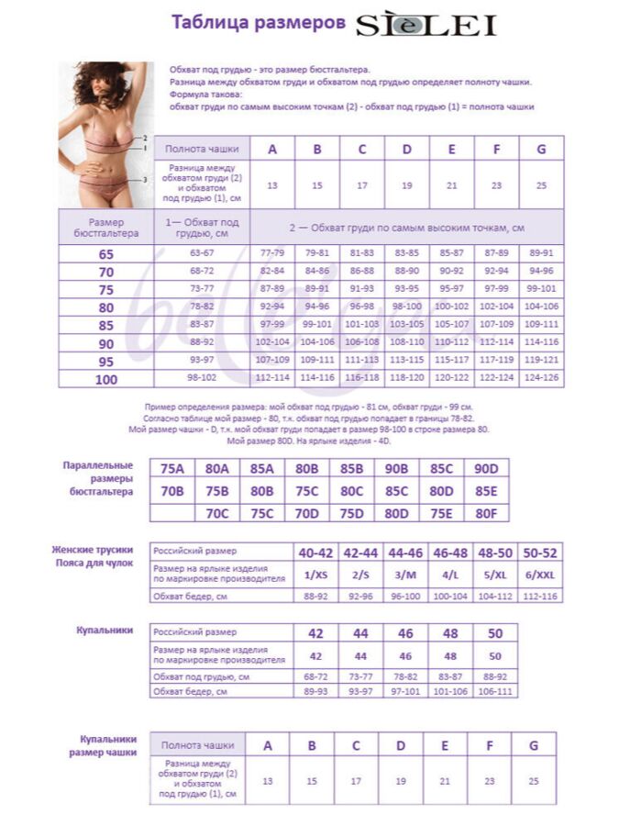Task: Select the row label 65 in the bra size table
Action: click(106, 253)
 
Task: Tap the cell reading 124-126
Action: click(541, 378)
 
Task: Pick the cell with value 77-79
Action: click(272, 253)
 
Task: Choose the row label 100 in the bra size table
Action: click(106, 379)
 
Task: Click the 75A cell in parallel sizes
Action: click(172, 469)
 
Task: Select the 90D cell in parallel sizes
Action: click(487, 469)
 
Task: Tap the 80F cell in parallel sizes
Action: click(487, 513)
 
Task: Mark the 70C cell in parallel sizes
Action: click(217, 513)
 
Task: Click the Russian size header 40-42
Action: click(316, 553)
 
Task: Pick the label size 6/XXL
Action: click(540, 575)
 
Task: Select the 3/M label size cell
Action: click(406, 575)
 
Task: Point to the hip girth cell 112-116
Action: click(540, 597)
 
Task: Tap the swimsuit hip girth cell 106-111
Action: click(495, 691)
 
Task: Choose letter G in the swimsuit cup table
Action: click(533, 745)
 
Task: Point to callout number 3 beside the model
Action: click(145, 180)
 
